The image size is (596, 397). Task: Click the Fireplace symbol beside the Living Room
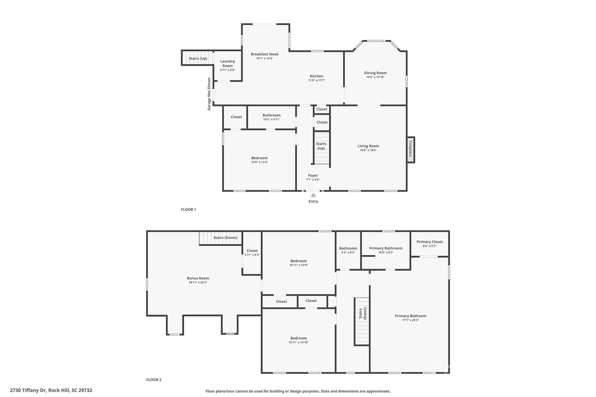click(x=411, y=150)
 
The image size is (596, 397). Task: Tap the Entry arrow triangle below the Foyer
click(x=313, y=195)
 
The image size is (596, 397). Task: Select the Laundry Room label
click(x=227, y=63)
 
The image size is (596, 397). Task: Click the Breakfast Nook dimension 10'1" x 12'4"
click(x=265, y=58)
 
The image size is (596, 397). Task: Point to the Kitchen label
click(x=316, y=76)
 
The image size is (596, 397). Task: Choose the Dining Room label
click(x=375, y=73)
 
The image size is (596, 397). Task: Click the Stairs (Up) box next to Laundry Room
click(x=198, y=58)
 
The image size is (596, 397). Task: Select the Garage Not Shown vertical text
click(x=209, y=94)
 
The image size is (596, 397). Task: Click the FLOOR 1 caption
click(x=188, y=209)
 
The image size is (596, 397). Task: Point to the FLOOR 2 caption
click(x=153, y=380)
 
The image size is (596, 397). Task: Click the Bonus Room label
click(x=198, y=278)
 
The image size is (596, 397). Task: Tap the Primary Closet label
click(x=429, y=242)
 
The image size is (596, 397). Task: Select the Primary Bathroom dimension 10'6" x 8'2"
click(x=386, y=252)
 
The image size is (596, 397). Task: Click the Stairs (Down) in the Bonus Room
click(x=225, y=238)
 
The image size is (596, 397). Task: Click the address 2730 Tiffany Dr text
click(x=51, y=390)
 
